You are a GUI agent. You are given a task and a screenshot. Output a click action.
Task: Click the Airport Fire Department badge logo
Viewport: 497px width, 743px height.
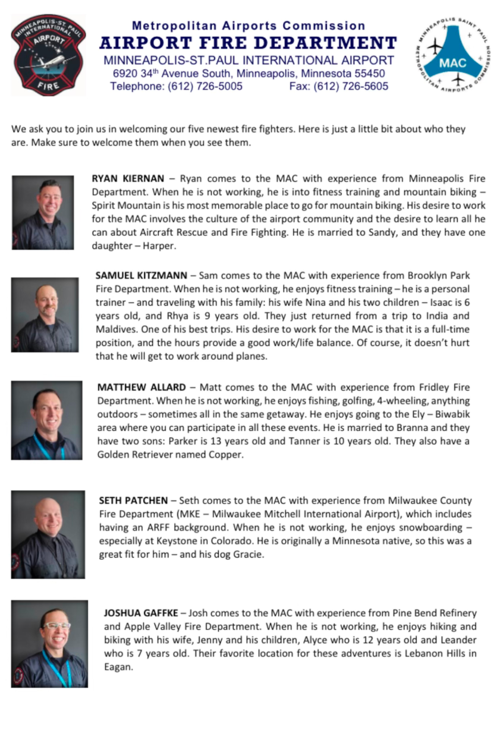(x=48, y=55)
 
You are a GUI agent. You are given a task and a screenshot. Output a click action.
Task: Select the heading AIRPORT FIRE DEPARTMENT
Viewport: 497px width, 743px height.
(x=248, y=43)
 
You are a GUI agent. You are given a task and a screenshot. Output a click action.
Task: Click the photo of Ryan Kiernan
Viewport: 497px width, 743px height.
(x=43, y=212)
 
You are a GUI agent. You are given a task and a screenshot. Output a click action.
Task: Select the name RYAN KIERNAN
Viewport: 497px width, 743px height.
(x=126, y=179)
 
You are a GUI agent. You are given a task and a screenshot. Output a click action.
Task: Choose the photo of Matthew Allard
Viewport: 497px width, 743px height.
(x=46, y=420)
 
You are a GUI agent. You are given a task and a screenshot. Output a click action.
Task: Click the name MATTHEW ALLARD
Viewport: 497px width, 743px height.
(x=141, y=387)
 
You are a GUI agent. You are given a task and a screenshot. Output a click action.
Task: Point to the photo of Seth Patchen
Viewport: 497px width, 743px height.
(x=48, y=534)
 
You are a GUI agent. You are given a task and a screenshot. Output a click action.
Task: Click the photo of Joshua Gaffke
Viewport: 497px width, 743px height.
(x=49, y=644)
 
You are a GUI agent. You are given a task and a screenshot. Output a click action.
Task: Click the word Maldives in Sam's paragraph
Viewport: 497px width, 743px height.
(x=116, y=329)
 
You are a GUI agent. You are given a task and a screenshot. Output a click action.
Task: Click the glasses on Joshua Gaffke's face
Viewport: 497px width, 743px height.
(x=56, y=626)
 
